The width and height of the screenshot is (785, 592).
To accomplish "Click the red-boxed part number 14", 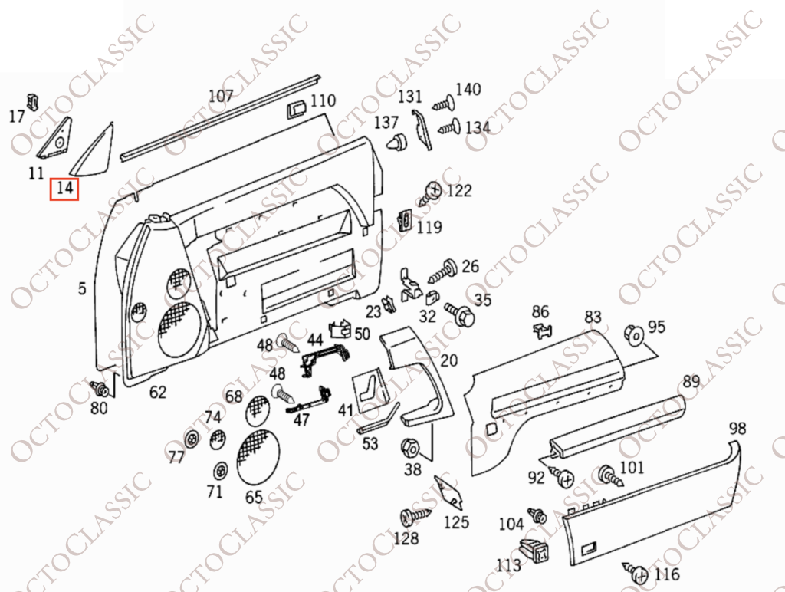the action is coord(64,189).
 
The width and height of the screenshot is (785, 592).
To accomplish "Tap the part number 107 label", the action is coord(221,95).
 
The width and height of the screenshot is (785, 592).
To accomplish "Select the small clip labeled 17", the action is coord(33,100).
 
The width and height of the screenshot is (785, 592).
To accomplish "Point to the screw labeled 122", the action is coord(431,193).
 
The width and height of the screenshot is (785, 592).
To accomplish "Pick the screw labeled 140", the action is coord(443,104).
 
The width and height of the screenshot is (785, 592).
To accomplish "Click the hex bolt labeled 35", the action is coord(461,314).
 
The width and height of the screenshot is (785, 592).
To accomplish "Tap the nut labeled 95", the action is coord(634,334).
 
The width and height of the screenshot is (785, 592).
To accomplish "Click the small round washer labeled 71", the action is coord(219,472).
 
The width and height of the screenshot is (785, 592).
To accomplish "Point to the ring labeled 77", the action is coord(191,439).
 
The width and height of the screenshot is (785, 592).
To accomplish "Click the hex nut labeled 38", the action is coord(410,447).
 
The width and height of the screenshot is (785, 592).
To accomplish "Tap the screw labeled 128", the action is coord(415,516).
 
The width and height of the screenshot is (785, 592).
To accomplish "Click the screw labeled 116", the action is coord(636,573).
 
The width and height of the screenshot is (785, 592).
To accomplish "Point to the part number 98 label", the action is coord(737,428).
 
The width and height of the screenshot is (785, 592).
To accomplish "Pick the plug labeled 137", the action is coord(397,143).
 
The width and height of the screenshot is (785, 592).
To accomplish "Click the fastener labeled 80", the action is coord(99,388).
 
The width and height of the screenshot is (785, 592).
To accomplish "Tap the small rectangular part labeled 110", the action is coord(297,109).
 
